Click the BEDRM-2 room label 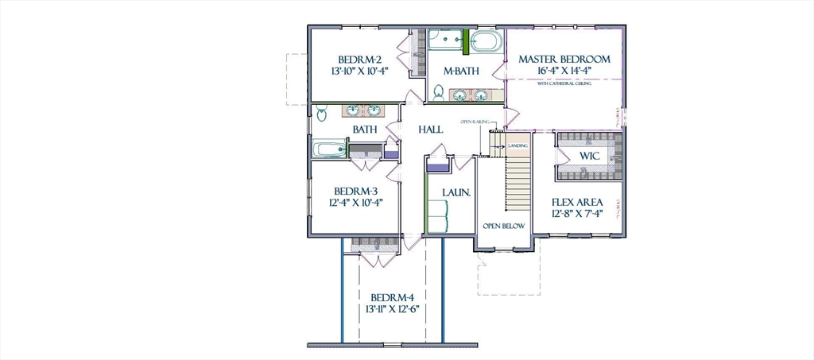click(x=360, y=59)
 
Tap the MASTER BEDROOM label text click(x=564, y=59)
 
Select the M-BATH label click(x=461, y=72)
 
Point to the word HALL click(x=431, y=129)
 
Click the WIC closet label click(x=588, y=156)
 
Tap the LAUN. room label click(x=457, y=192)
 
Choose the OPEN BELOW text click(x=504, y=226)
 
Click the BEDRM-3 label click(x=355, y=191)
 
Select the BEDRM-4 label click(x=392, y=298)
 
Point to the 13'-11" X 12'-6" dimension click(x=392, y=309)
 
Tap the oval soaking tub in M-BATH click(x=485, y=41)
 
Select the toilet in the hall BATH click(x=320, y=112)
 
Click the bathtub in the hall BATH click(x=328, y=149)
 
